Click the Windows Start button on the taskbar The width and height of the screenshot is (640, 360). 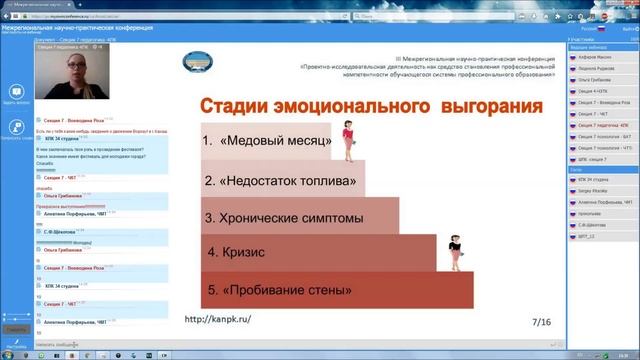(x=8, y=354)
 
